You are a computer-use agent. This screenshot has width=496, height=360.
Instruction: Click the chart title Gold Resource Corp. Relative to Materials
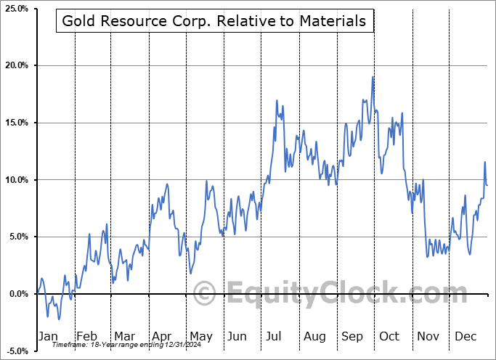(x=214, y=21)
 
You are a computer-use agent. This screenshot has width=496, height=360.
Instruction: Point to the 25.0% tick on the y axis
(x=16, y=9)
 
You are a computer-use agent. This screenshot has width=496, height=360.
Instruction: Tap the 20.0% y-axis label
(x=16, y=65)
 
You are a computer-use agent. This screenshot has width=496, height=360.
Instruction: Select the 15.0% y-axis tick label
(x=16, y=123)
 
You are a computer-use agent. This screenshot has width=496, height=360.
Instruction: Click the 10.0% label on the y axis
(x=16, y=179)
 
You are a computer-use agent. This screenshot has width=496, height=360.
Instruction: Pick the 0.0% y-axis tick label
(x=17, y=294)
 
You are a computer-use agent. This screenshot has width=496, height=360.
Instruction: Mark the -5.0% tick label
(x=17, y=351)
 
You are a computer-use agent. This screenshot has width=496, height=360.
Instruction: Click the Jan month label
(x=47, y=336)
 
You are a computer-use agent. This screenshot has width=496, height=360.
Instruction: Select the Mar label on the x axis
(x=124, y=336)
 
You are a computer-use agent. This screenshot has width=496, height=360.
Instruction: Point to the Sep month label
(x=352, y=336)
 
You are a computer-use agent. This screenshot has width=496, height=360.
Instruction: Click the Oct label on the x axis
(x=390, y=336)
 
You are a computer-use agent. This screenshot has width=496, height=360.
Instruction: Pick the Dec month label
(x=465, y=336)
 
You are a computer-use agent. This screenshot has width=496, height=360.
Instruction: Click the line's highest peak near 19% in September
(x=373, y=77)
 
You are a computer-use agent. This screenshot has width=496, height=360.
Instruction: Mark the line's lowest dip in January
(x=59, y=319)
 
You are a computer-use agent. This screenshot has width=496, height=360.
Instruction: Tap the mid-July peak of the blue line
(x=277, y=101)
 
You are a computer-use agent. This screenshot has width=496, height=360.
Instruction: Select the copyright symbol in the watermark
(x=204, y=294)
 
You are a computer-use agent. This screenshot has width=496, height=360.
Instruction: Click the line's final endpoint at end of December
(x=487, y=185)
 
